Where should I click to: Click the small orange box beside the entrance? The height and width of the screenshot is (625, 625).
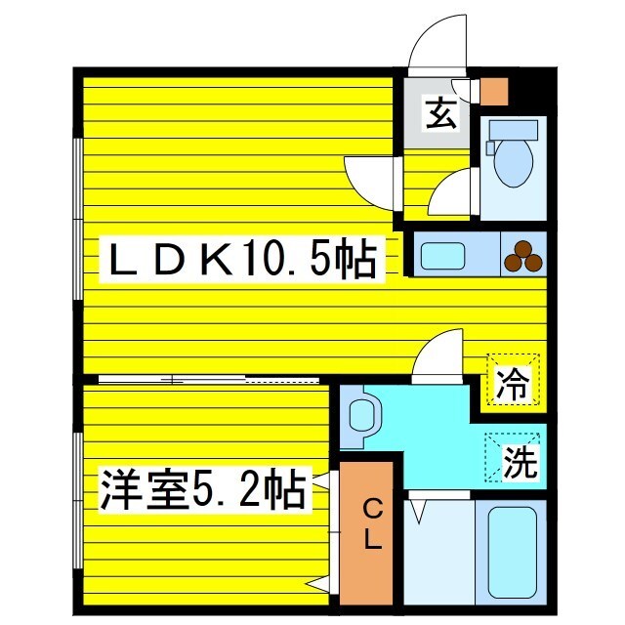[x=495, y=89]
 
